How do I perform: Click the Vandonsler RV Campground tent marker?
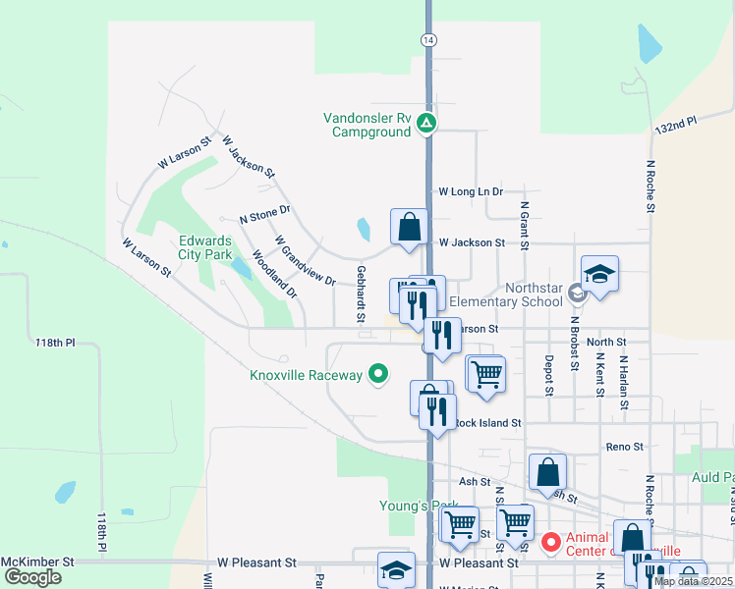(425, 124)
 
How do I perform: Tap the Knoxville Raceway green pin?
(376, 374)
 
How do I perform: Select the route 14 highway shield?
(427, 39)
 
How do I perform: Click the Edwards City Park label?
(204, 246)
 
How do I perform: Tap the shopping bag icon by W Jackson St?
(409, 227)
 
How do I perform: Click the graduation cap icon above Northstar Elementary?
(599, 274)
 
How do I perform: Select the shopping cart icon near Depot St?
(485, 374)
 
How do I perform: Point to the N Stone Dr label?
(265, 211)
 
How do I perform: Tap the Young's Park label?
(419, 506)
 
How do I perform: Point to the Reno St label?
(624, 447)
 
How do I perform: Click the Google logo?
(32, 577)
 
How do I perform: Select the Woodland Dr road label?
(274, 273)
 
